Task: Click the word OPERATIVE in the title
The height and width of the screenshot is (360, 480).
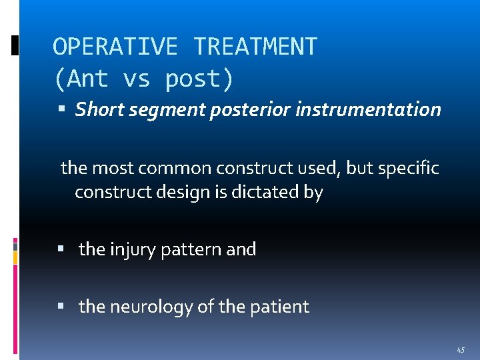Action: click(x=115, y=47)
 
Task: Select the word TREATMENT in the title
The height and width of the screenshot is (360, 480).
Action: click(x=255, y=47)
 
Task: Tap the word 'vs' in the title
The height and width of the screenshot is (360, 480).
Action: click(x=137, y=79)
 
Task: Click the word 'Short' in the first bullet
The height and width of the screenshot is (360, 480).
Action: click(x=97, y=109)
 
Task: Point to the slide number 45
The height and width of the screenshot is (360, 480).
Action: click(x=461, y=350)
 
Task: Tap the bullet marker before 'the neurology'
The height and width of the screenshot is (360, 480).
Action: click(x=61, y=307)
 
